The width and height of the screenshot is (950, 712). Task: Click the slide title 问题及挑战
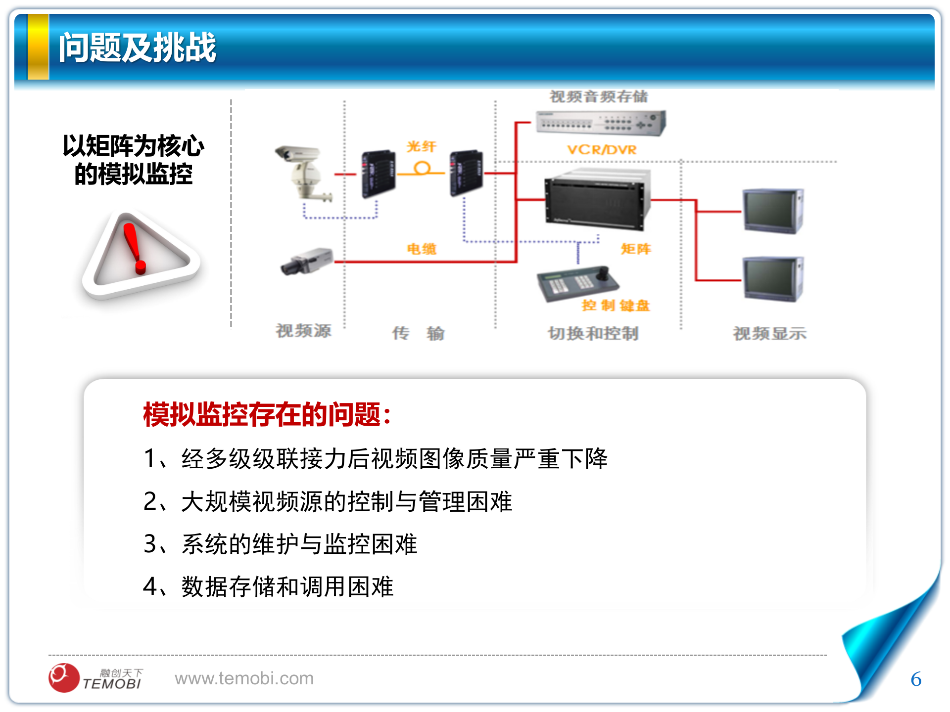tap(138, 48)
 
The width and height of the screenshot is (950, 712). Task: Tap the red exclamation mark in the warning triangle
tap(134, 248)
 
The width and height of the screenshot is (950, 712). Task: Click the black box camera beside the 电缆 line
tap(307, 261)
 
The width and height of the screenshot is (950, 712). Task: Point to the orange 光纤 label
tap(421, 146)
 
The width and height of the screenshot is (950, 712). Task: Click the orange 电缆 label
tap(422, 249)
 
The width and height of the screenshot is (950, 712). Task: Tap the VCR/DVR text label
tap(602, 150)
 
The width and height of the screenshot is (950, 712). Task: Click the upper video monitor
tap(773, 211)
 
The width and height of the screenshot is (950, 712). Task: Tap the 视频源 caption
tap(303, 331)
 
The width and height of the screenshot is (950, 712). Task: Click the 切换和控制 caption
tap(593, 334)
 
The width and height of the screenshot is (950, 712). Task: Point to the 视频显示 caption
tap(769, 334)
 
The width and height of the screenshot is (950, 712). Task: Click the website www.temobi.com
tap(244, 678)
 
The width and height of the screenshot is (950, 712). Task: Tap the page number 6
tap(916, 679)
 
